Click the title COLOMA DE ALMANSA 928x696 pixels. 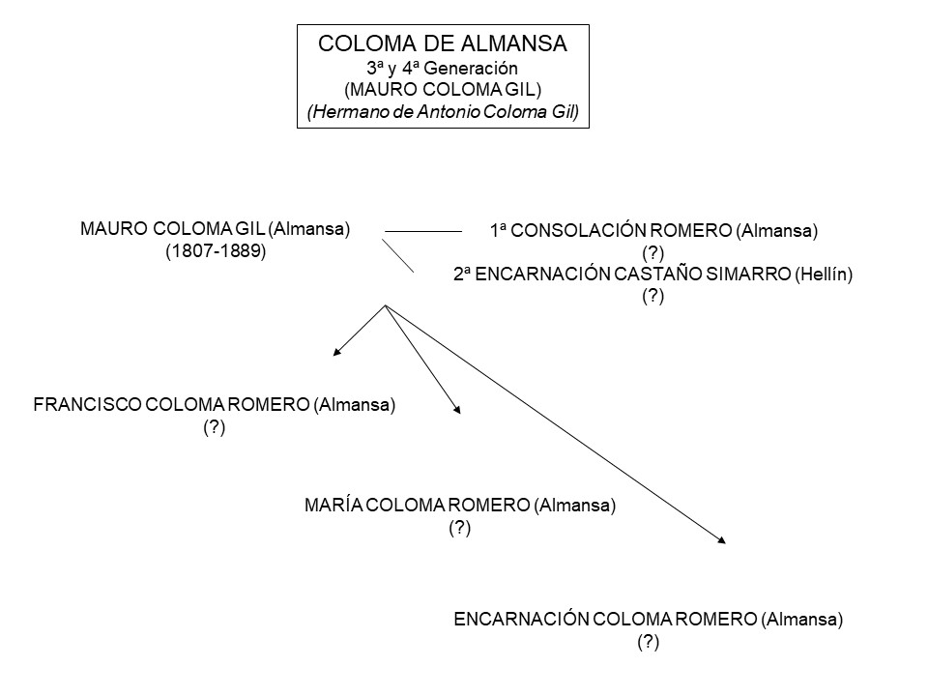point(443,43)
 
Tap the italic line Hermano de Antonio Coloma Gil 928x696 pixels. point(443,112)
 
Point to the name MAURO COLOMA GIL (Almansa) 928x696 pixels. point(216,229)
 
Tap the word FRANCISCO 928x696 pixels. point(86,406)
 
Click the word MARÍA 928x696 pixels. point(333,506)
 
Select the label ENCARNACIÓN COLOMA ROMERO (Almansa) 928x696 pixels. point(648,620)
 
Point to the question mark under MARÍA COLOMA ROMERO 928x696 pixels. point(459,529)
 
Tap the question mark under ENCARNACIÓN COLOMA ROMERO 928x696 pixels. point(648,643)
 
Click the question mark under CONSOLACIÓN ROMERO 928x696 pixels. point(653,253)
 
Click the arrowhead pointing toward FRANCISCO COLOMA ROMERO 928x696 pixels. point(336,352)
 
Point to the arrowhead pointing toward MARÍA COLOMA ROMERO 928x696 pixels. point(457,410)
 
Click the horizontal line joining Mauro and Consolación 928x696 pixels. point(423,232)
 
